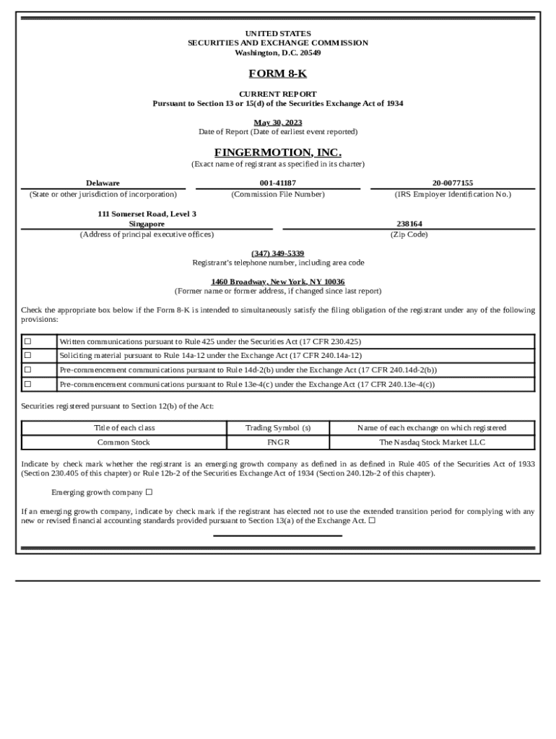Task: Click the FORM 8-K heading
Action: (277, 74)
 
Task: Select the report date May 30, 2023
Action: (277, 122)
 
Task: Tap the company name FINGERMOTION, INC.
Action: (277, 152)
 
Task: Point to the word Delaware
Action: (103, 183)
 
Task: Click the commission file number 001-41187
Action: (277, 183)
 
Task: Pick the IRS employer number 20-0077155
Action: (453, 183)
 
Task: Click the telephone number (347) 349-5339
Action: (277, 253)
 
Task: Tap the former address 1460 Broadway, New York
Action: (277, 281)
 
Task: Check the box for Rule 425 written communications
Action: (28, 341)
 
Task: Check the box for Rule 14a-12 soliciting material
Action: (28, 356)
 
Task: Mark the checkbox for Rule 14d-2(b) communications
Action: (28, 370)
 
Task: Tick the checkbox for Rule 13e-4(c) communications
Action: (28, 385)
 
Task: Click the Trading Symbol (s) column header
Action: (278, 428)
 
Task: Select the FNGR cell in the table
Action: (278, 442)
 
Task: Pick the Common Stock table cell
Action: (123, 442)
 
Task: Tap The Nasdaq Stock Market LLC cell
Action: (432, 442)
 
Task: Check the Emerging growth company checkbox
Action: (149, 493)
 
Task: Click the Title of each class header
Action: (123, 428)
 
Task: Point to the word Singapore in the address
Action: (147, 224)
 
